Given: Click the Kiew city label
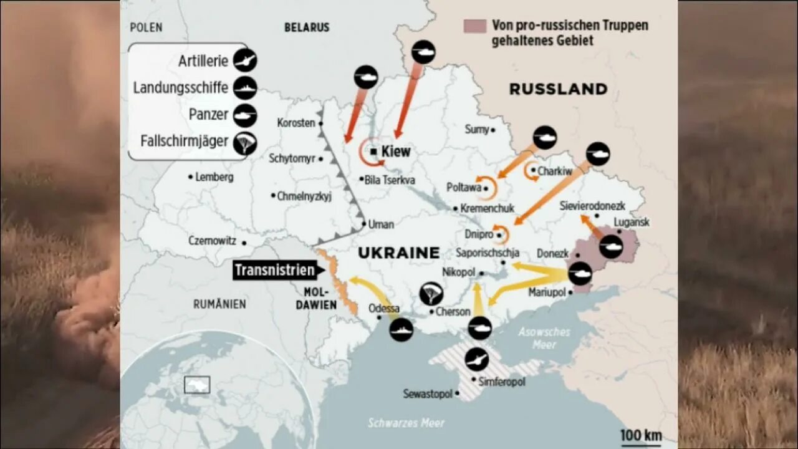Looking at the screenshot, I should coord(395,152).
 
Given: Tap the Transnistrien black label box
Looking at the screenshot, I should coord(274,271).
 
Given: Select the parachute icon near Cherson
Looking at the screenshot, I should coord(431,293).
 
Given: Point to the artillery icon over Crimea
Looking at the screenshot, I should coord(477,359).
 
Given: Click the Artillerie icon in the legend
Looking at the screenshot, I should coord(245,60).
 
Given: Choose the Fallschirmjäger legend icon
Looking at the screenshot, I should coord(245,143).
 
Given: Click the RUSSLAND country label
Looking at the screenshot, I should coord(558,89).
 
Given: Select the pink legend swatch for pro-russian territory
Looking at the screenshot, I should coord(474,26).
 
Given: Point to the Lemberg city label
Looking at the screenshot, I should coord(214,177).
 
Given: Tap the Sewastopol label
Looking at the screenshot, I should coord(428,394).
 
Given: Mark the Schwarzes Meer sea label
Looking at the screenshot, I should coord(406,423).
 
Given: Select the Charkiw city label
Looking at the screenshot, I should coord(554,170).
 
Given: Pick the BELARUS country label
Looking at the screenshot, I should coord(307,27).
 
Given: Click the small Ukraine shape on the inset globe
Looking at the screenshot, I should coord(197,385).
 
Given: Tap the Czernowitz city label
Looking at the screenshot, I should coord(212,241).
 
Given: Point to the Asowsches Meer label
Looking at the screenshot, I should coord(544,338).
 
